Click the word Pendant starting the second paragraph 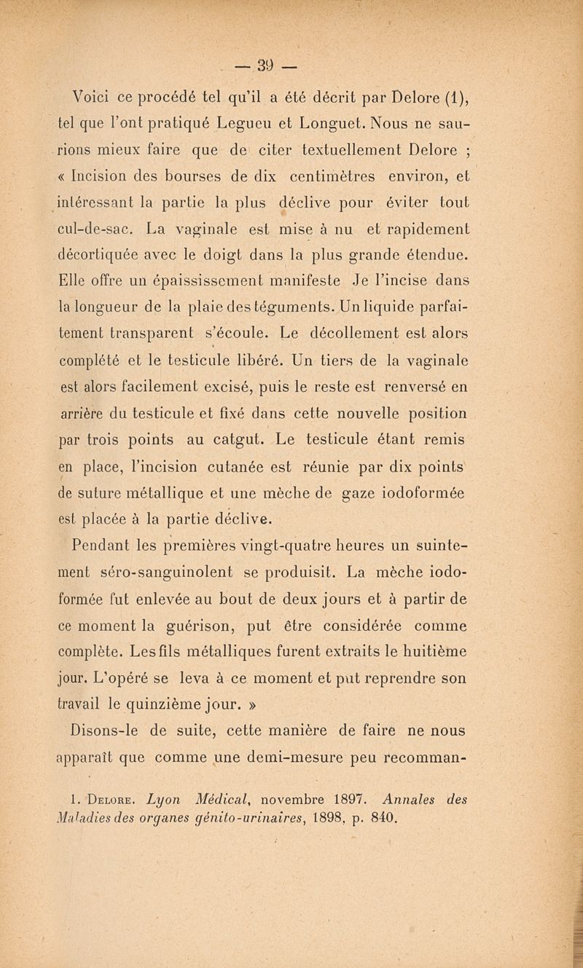(x=109, y=545)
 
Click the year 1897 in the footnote (x=391, y=795)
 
